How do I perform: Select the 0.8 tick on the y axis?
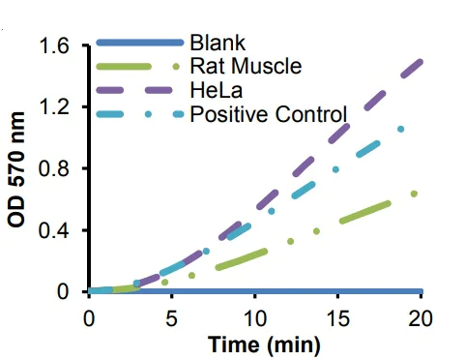58,168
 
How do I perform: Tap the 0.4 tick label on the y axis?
58,230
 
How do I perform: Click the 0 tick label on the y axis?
67,291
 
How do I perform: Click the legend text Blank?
218,44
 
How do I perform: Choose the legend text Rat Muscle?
246,67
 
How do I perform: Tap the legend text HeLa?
214,91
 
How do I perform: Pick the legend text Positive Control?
268,115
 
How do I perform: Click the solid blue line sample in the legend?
139,44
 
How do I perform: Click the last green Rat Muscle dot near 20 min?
414,194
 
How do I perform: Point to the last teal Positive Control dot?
400,129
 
